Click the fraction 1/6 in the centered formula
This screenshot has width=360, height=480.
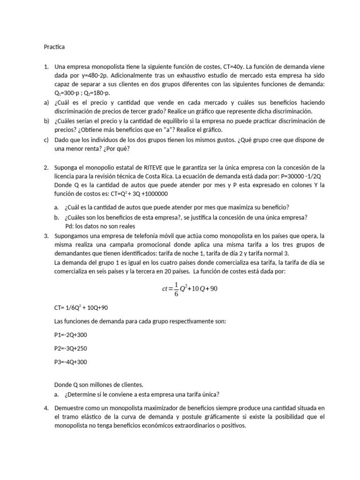(176, 289)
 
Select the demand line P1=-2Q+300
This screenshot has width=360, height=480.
(71, 335)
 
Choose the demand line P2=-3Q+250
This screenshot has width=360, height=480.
(71, 348)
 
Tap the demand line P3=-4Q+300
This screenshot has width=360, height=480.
(71, 362)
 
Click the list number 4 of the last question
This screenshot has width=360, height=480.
(46, 408)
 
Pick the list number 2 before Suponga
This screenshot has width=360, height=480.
(46, 167)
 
